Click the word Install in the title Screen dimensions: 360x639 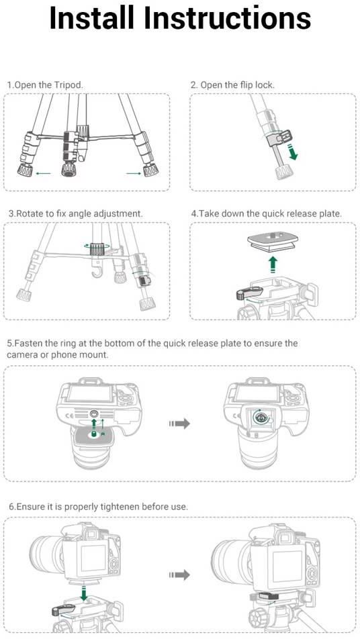coord(91,18)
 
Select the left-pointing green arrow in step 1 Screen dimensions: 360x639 coord(43,173)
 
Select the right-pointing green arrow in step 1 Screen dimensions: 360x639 coord(134,174)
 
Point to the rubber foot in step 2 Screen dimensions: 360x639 coord(283,172)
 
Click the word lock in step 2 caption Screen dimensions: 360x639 coord(265,85)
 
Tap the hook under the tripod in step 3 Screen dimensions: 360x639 coord(97,269)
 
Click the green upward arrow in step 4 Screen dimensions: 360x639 coord(273,264)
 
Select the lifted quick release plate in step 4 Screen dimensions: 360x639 coord(273,243)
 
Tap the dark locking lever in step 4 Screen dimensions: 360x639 coord(249,293)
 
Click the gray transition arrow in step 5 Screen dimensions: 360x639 coord(180,424)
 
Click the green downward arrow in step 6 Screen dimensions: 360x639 coord(84,593)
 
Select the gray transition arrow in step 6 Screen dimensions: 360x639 coord(180,575)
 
